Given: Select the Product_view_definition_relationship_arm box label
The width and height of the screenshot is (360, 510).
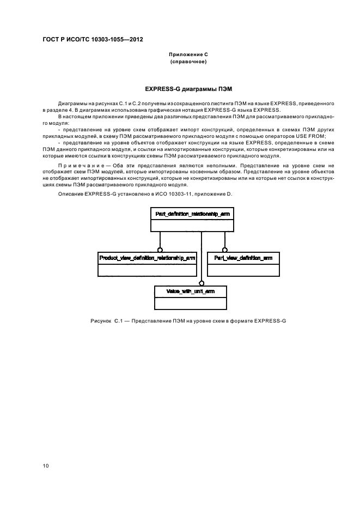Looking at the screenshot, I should (x=147, y=257).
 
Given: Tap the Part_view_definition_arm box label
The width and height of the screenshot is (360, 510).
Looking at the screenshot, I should (x=243, y=257).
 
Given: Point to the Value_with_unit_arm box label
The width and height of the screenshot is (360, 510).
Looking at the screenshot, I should (x=190, y=292).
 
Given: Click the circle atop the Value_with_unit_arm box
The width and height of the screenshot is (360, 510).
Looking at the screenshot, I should (x=202, y=283).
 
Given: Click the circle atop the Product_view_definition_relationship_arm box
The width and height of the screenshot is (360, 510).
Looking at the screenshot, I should (x=160, y=249).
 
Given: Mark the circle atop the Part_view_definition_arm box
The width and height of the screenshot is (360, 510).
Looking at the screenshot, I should (x=223, y=249).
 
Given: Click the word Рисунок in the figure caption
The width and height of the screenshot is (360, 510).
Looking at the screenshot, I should (x=101, y=320).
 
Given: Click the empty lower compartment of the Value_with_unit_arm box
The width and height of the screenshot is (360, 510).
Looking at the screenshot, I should (x=190, y=303).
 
